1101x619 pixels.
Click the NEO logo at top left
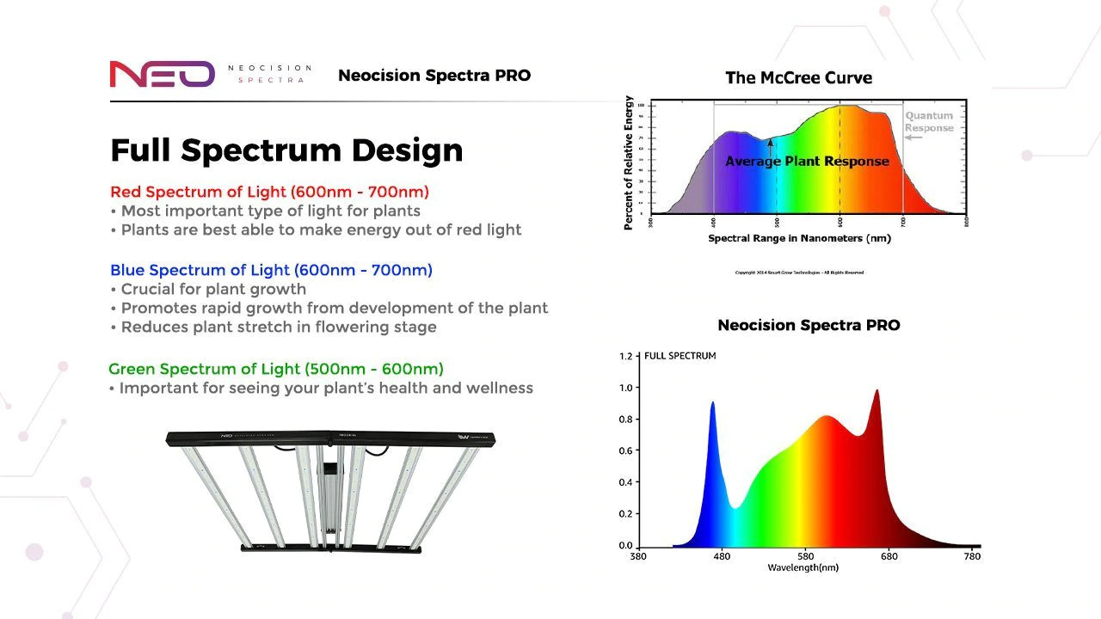162,75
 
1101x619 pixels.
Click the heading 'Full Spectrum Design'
286,150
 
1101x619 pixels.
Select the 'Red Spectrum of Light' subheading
269,192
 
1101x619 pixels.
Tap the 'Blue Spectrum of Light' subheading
271,270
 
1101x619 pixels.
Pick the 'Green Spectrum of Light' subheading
276,369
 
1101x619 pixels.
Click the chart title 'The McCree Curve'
798,78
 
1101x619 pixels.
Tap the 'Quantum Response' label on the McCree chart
929,122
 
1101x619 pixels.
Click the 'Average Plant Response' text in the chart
807,161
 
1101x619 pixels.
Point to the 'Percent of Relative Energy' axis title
630,162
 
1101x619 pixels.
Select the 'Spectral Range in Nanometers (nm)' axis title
799,238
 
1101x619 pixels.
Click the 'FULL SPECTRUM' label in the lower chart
680,355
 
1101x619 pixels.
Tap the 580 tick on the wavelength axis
805,556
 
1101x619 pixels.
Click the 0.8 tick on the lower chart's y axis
625,420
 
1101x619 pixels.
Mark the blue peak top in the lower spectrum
712,402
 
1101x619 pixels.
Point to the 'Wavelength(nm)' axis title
803,567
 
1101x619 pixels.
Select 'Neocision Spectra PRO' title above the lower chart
809,325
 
